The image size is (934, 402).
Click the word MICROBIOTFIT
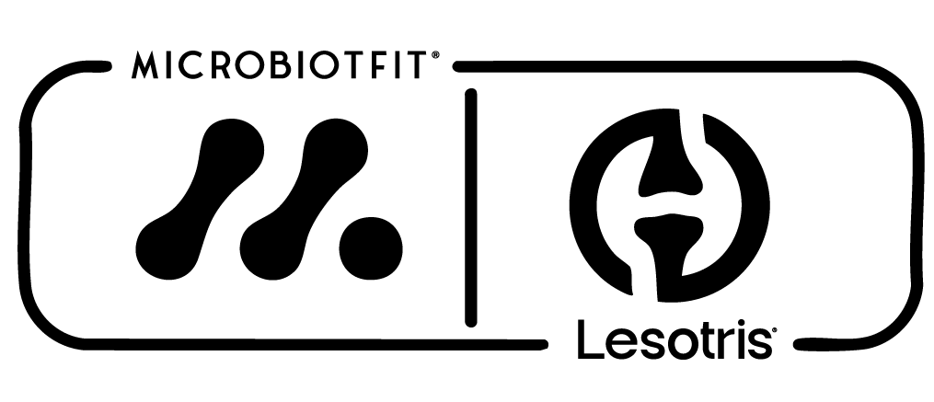(280, 65)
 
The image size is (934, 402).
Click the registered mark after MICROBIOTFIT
(435, 55)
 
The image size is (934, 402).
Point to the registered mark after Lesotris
(774, 328)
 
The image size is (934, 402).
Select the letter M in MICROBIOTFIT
(144, 65)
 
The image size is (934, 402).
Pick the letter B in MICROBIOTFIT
(280, 65)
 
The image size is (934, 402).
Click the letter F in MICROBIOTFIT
(379, 65)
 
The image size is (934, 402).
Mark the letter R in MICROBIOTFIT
(221, 65)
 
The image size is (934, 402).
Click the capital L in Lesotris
(588, 339)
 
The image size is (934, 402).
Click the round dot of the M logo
(371, 248)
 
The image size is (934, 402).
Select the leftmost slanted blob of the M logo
(201, 199)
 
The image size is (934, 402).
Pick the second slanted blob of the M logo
(304, 199)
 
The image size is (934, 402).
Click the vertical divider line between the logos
(470, 208)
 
